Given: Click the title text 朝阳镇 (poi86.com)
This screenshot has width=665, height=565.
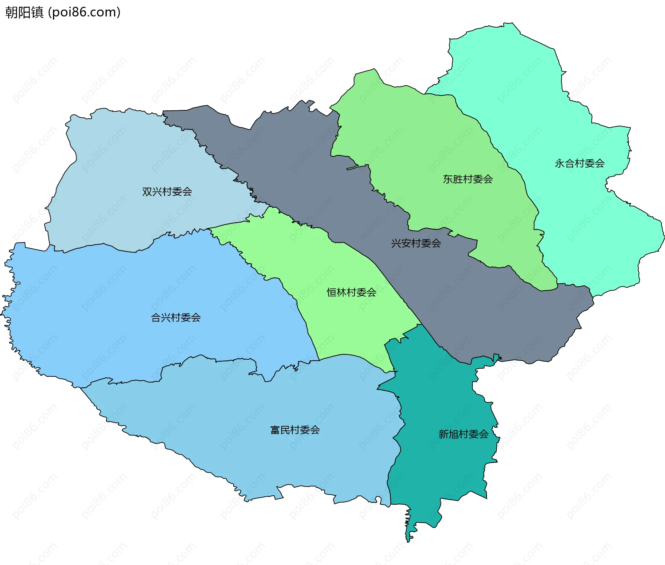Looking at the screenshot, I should pos(63,12).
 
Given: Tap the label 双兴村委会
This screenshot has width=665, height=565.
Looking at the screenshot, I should pos(167,191).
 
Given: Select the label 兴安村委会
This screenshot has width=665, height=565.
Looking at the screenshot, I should pos(416,243).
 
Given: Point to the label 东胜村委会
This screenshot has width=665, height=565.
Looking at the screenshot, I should pos(468,179).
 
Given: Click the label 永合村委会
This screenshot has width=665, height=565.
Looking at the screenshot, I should pos(579,163).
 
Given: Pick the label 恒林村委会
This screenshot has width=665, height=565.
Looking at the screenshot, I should pos(352,292).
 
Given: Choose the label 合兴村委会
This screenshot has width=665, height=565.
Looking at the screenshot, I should pos(176,317).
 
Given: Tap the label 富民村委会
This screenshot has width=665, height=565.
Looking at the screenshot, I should pos(295,430).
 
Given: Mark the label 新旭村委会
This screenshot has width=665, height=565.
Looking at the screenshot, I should pos(463,434).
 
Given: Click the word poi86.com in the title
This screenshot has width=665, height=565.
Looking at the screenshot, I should pos(84,12).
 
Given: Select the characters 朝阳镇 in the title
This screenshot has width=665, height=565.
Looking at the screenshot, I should pos(24,12).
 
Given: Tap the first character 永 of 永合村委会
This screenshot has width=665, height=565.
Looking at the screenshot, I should pos(560,163).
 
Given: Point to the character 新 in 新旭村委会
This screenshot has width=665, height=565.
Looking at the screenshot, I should pos(444,434).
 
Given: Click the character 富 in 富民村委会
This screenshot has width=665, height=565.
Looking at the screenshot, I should pos(275,430).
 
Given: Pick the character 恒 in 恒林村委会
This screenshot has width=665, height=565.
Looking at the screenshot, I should pos(332,292).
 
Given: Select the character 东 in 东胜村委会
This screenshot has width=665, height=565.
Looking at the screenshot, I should pos(448,179).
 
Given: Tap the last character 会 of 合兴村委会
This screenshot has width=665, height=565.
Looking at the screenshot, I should pos(196,317).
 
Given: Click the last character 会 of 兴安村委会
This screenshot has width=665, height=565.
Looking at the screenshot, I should pos(436,243).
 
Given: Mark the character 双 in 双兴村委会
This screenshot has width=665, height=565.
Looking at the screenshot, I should pos(147,191).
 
